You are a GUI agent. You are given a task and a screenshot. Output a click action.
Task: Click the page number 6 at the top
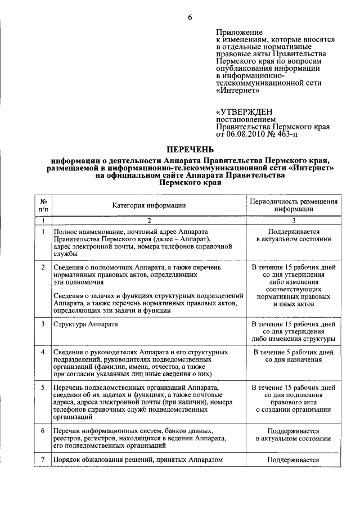pyautogui.click(x=190, y=17)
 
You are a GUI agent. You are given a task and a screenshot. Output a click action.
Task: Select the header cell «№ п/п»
pyautogui.click(x=43, y=205)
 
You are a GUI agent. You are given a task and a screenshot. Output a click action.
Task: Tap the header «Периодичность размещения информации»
pyautogui.click(x=294, y=205)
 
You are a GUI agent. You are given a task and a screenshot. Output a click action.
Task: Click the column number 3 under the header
pyautogui.click(x=294, y=221)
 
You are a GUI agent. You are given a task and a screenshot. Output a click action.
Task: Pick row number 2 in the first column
pyautogui.click(x=43, y=267)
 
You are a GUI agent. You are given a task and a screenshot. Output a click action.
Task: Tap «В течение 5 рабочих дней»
pyautogui.click(x=294, y=352)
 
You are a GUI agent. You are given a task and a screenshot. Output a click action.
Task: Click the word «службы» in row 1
pyautogui.click(x=65, y=254)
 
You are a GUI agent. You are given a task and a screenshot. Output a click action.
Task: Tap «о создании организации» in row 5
pyautogui.click(x=294, y=409)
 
